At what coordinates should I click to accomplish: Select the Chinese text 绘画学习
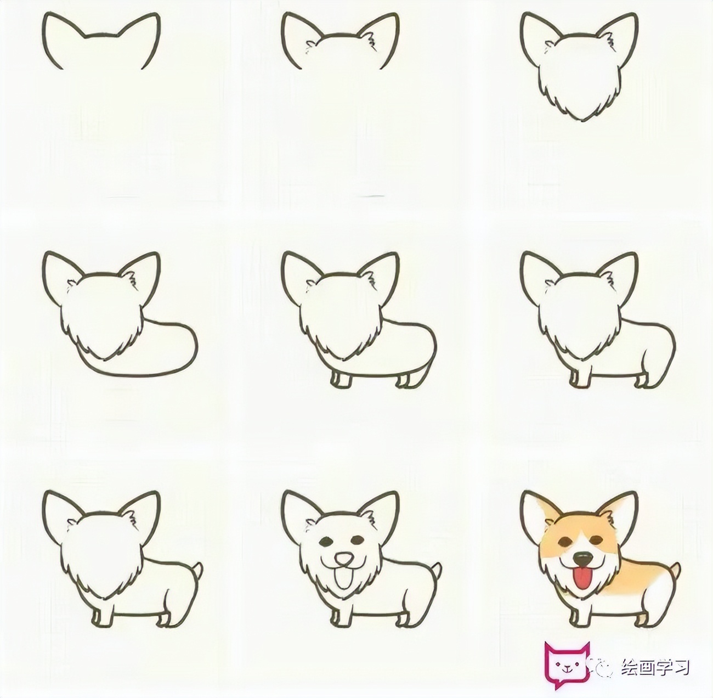655,667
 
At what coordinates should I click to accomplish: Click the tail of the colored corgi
675,571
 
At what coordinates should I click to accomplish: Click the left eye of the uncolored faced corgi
325,542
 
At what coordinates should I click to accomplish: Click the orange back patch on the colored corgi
636,582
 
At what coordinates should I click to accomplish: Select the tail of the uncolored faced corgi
437,571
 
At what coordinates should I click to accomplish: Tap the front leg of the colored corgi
576,617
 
